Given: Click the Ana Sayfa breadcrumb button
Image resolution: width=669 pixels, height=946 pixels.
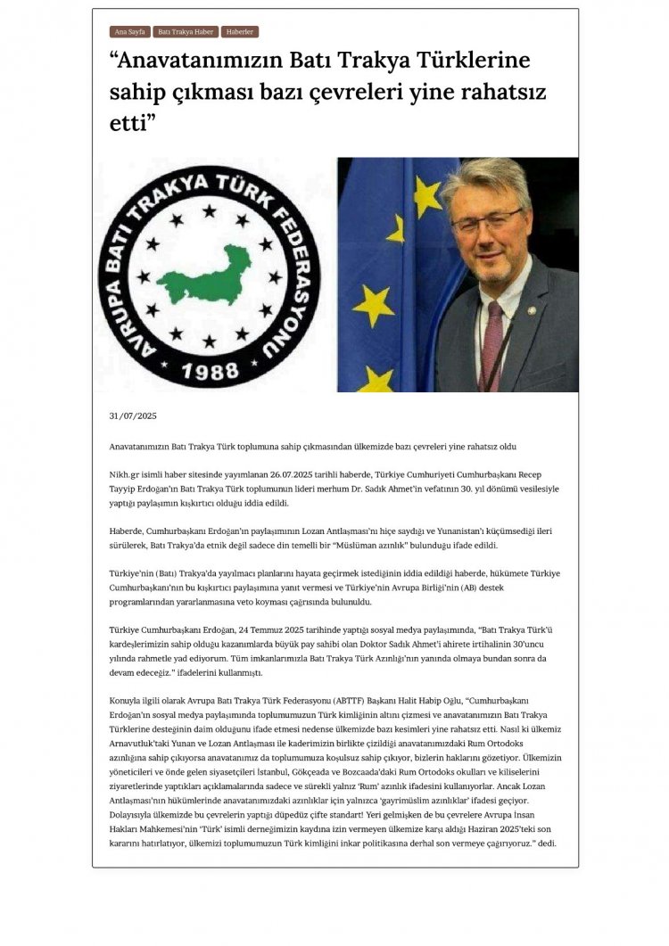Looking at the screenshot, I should (x=128, y=32).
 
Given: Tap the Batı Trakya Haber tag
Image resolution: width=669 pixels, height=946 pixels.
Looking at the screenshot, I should (x=185, y=32).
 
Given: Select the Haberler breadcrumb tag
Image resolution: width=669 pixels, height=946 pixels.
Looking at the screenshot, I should (x=240, y=32).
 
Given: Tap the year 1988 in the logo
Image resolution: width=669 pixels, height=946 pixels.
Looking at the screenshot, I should (x=211, y=372).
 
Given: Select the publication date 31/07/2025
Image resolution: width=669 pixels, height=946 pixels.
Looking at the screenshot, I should (x=132, y=416).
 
